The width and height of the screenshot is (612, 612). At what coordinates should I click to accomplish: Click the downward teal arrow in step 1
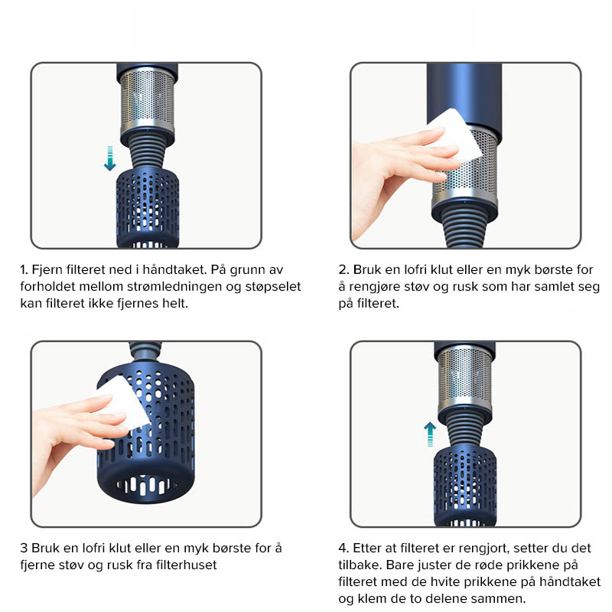click(110, 158)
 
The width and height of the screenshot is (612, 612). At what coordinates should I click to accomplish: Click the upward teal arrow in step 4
click(430, 434)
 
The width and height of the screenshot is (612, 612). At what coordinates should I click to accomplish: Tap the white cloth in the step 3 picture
click(123, 402)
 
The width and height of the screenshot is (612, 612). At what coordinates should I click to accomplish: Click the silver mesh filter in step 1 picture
click(147, 103)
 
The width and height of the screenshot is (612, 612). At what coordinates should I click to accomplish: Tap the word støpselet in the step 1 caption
click(273, 287)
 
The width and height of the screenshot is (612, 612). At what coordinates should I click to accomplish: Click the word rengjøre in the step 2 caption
click(375, 287)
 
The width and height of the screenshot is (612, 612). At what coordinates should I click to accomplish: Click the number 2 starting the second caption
click(343, 270)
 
